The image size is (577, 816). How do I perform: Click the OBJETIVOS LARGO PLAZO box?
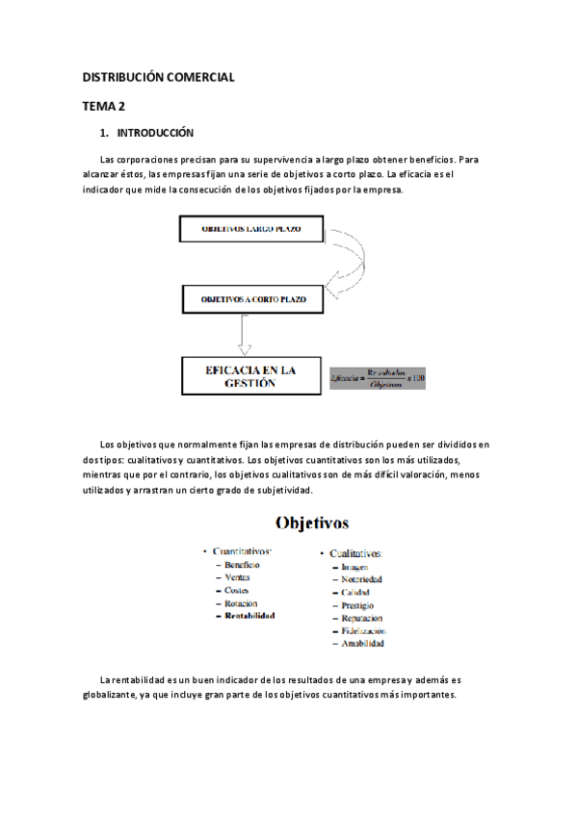click(x=252, y=231)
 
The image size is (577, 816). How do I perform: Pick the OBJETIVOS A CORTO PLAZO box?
click(x=253, y=299)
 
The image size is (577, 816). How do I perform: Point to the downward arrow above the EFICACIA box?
click(x=245, y=334)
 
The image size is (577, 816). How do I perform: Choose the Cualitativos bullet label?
click(x=355, y=554)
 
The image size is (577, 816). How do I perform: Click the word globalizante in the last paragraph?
click(x=116, y=695)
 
